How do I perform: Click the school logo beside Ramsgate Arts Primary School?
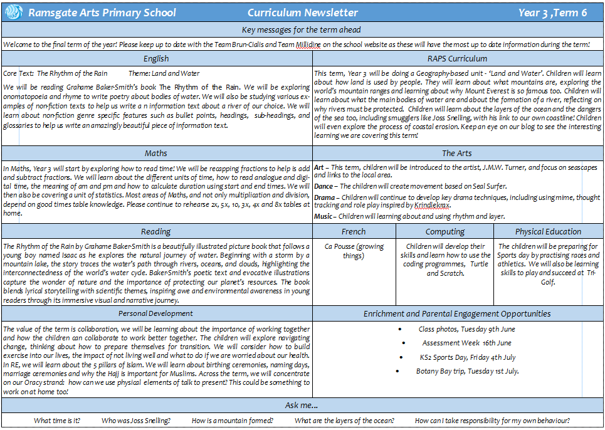click(14, 13)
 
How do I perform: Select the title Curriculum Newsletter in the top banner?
click(303, 13)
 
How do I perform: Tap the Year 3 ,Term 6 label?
click(552, 13)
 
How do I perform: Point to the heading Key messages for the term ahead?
click(302, 29)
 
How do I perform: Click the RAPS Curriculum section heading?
click(457, 59)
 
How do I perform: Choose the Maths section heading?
click(156, 153)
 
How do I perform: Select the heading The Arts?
click(457, 153)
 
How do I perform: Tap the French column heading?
click(354, 231)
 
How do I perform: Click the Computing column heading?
click(445, 231)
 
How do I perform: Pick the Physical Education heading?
click(547, 231)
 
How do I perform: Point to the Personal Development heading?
click(157, 313)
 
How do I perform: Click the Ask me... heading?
click(302, 406)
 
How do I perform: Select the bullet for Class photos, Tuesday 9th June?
click(400, 329)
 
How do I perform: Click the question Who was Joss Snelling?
click(136, 421)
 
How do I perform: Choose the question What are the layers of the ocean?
click(344, 421)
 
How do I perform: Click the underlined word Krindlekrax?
click(432, 205)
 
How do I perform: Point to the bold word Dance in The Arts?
click(324, 186)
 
